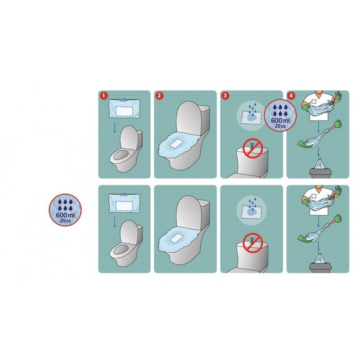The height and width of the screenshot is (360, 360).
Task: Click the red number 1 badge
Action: coord(104,96)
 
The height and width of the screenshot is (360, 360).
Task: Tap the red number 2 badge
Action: coord(159,96)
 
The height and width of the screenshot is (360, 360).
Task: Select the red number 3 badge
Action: coord(225,96)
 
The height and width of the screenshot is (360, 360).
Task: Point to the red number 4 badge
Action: coord(291,96)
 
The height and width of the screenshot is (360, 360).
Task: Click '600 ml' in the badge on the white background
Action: coord(65,215)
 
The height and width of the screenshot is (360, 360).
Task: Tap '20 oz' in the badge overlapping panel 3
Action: coord(280,126)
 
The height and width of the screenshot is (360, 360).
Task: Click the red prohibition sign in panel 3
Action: coord(252,148)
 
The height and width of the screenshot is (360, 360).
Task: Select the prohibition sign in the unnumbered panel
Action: coord(252,243)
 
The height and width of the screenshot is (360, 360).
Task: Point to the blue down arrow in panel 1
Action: coord(115,128)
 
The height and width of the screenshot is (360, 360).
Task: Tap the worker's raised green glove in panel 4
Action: coord(338,97)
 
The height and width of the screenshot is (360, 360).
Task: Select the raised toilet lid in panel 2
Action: coord(189,117)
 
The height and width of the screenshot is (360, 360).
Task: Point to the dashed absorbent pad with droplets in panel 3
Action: coord(251,117)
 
